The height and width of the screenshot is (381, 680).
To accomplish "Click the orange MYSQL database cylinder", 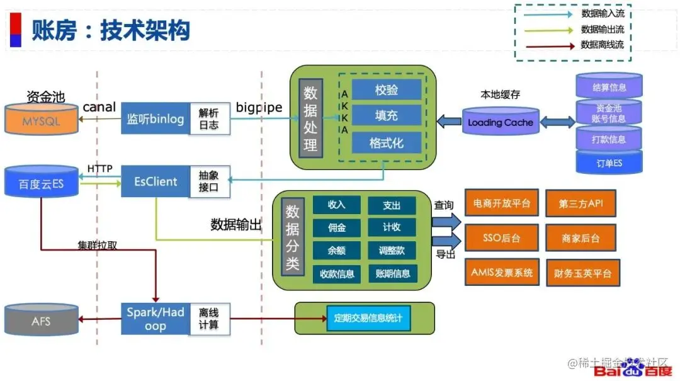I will (42, 120).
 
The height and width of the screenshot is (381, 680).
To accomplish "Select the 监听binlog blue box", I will (155, 118).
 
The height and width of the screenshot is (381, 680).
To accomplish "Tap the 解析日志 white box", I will (210, 118).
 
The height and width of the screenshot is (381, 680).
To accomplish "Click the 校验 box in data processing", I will (387, 90).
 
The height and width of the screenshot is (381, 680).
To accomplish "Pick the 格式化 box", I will (387, 143).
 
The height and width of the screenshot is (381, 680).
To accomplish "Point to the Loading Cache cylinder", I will (501, 122).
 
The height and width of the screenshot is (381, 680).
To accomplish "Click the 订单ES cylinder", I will (609, 162).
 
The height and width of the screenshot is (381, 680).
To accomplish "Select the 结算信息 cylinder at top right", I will (609, 86).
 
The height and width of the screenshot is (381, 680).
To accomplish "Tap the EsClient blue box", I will (155, 181).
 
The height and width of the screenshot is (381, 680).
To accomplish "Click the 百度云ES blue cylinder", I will (42, 183).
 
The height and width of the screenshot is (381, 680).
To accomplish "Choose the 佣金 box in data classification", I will (336, 227).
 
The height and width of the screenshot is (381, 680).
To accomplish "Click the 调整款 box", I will (392, 250).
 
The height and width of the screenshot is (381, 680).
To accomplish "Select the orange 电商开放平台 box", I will (501, 203).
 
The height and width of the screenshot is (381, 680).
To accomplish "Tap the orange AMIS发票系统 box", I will (501, 273).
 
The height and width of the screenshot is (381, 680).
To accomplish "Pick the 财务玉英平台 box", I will (582, 273).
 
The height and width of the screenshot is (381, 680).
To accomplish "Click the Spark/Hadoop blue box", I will (155, 319).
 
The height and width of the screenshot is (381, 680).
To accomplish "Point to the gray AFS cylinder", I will (42, 321).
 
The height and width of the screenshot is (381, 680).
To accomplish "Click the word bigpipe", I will (259, 107).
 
